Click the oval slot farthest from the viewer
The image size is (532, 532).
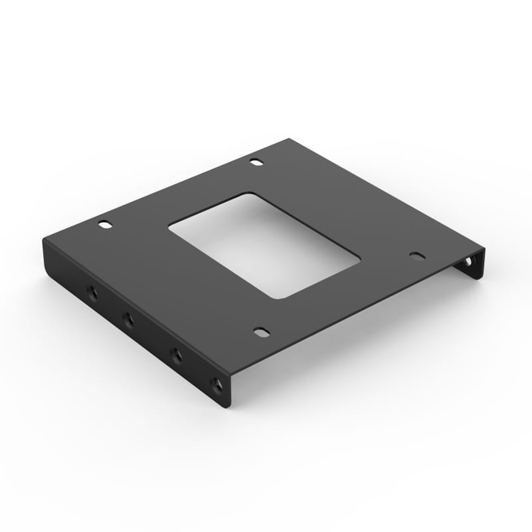(256, 162)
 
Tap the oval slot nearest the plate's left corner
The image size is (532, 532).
(105, 225)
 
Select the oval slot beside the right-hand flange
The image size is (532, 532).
(416, 256)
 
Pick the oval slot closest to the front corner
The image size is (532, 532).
(262, 331)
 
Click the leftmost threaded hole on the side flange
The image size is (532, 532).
(91, 292)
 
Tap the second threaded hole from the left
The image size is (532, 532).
(128, 321)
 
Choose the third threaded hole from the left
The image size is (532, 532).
(176, 355)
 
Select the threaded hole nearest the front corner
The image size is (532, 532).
(215, 384)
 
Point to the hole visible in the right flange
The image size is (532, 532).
(468, 262)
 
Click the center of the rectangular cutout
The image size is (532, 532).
(264, 245)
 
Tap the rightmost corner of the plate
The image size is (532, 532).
(484, 250)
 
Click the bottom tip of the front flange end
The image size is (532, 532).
(226, 408)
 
